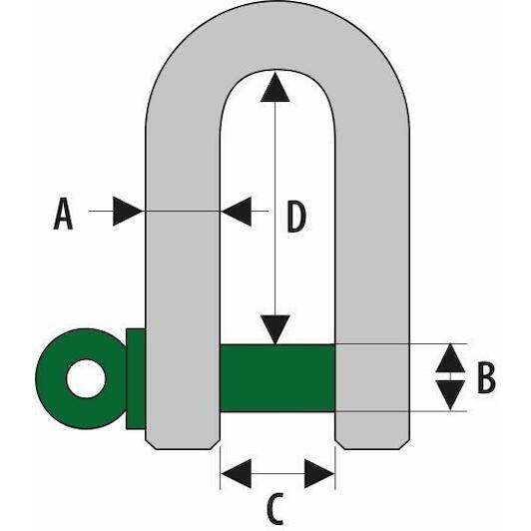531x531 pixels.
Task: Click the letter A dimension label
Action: click(x=63, y=214)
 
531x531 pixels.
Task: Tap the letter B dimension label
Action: click(x=486, y=378)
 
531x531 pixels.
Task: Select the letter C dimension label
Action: click(x=275, y=509)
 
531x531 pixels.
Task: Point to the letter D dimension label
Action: click(x=296, y=217)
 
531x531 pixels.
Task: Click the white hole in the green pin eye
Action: click(x=86, y=378)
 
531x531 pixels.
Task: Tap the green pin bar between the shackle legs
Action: click(x=277, y=378)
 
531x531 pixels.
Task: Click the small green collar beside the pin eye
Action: click(x=136, y=378)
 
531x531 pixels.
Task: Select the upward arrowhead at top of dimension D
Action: click(x=275, y=87)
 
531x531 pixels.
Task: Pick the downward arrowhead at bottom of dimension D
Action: click(x=275, y=329)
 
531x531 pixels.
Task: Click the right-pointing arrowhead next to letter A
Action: click(x=128, y=211)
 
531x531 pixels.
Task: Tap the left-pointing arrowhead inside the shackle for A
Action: click(x=237, y=211)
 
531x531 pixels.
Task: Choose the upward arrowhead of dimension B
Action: click(x=450, y=358)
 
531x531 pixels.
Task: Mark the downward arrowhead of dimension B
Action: click(x=450, y=395)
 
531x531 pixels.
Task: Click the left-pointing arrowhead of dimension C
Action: click(x=236, y=473)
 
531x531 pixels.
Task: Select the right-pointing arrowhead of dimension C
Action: click(x=319, y=473)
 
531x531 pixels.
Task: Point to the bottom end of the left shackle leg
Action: click(x=183, y=449)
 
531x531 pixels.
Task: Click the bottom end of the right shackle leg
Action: click(x=372, y=449)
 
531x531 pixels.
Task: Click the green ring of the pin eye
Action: click(x=51, y=378)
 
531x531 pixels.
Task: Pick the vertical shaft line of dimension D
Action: click(x=275, y=209)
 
